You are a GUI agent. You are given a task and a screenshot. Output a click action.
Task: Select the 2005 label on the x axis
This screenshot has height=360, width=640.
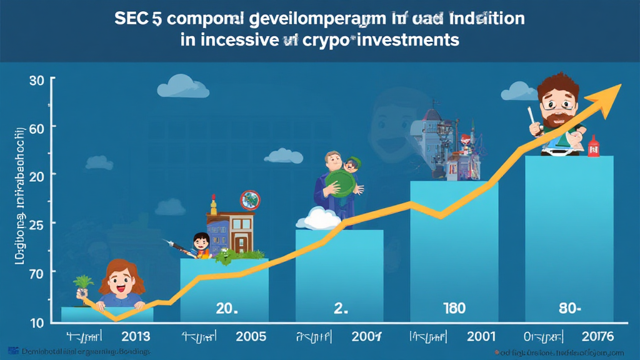point(251,336)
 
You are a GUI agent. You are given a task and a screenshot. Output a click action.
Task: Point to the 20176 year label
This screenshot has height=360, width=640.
point(596,336)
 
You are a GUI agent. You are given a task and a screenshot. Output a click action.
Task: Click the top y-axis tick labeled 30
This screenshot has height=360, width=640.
point(36,81)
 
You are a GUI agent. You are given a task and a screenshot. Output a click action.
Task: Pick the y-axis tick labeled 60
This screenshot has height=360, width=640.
point(36,127)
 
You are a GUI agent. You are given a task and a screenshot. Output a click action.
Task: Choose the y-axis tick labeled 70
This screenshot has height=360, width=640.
point(36,272)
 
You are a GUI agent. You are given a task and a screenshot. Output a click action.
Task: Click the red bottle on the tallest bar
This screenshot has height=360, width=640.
point(593,147)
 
